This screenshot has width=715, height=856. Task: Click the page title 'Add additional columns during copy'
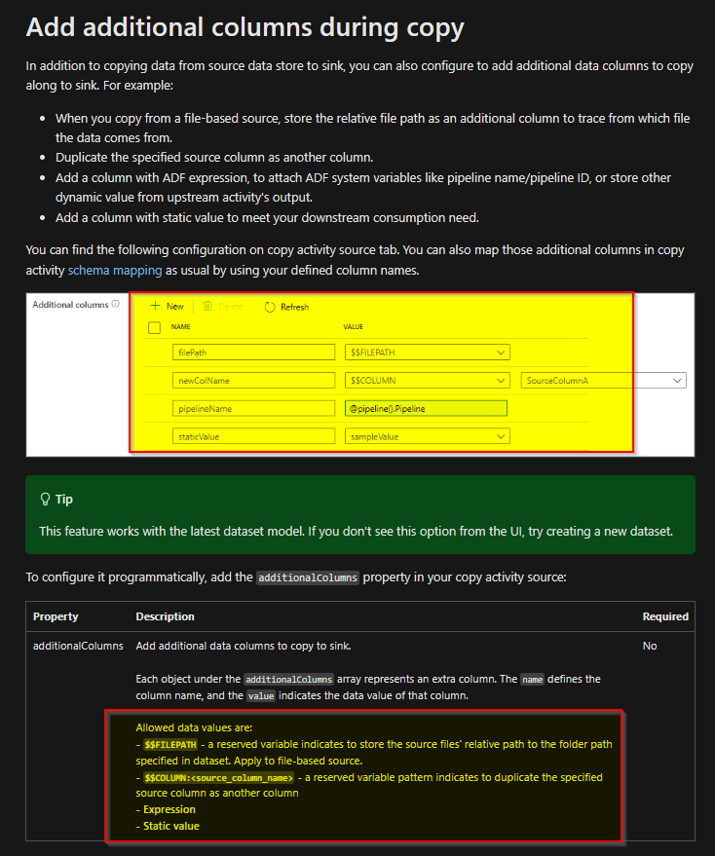click(x=245, y=26)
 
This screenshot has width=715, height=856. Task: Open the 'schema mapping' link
click(x=107, y=270)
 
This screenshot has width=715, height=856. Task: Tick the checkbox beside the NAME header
click(x=154, y=328)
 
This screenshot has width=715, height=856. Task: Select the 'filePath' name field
click(x=253, y=353)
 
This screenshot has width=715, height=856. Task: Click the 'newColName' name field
click(x=253, y=381)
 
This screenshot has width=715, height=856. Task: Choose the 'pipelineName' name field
click(x=253, y=409)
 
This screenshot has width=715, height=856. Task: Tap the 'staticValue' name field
click(x=253, y=437)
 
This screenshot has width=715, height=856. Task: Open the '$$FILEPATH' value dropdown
click(x=427, y=353)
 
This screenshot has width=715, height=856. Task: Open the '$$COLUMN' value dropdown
click(x=427, y=381)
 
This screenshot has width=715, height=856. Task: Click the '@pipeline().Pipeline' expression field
click(x=426, y=409)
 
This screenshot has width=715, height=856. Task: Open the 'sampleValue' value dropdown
click(x=427, y=437)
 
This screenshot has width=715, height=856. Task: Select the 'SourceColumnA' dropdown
click(x=604, y=381)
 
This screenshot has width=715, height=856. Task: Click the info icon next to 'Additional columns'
click(x=116, y=305)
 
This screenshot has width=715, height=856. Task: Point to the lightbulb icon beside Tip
click(x=45, y=499)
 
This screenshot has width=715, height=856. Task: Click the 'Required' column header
click(x=665, y=616)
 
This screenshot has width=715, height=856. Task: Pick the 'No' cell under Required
click(x=650, y=646)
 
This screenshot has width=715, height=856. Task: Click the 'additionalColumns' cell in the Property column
click(x=78, y=646)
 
